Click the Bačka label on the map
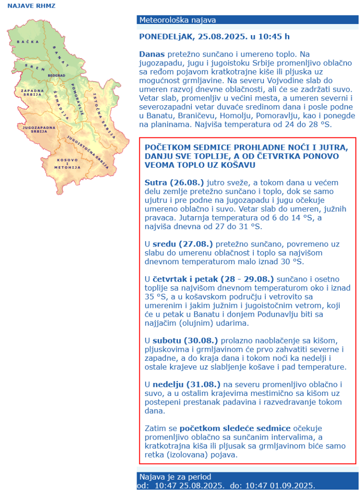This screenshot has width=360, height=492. (24, 42)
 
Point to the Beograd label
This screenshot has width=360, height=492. (56, 76)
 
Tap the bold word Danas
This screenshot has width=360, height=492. (152, 54)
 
